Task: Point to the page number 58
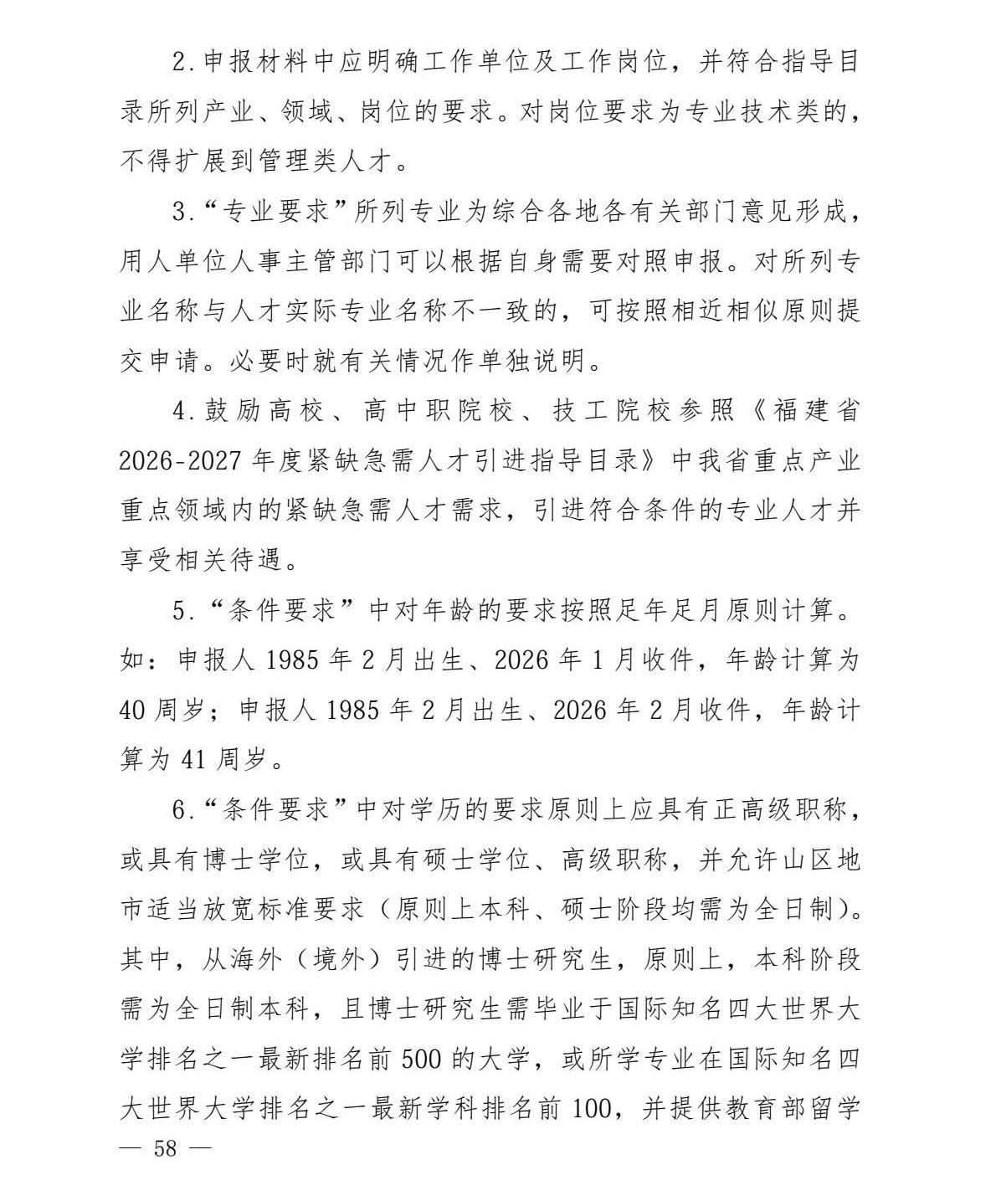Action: [x=166, y=1148]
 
